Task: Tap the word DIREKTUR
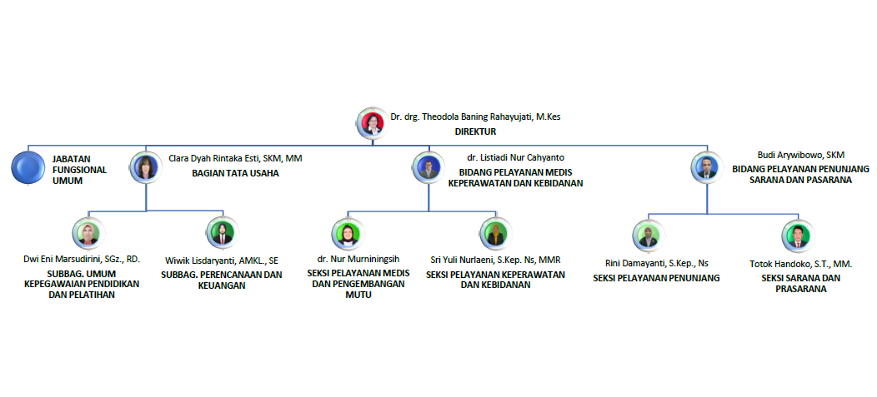coord(476,132)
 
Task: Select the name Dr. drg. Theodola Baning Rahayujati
coord(475,117)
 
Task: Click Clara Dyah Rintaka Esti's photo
coord(147,166)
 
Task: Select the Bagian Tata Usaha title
coord(235,173)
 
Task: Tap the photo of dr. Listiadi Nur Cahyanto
coord(428,167)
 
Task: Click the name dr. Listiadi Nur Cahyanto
coord(515,156)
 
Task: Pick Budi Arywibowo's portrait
coord(706,167)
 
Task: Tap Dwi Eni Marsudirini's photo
coord(87,234)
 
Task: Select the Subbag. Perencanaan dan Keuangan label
coord(221,280)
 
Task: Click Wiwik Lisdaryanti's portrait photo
coord(221,233)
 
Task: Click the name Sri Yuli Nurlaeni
coord(495,261)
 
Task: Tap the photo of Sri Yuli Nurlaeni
coord(495,233)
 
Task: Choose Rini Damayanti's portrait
coord(647,235)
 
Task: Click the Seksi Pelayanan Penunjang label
coord(656,278)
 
